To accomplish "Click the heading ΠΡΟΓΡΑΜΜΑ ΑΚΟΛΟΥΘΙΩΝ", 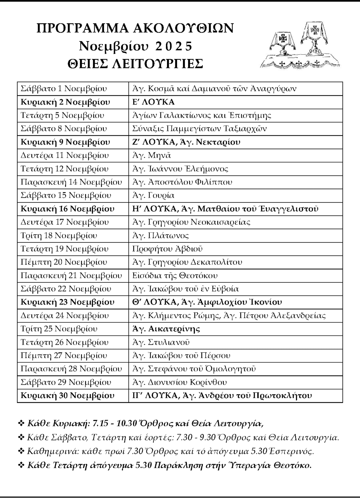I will [135, 29].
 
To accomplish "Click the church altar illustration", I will [300, 46].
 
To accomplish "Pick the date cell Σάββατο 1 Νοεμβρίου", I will [64, 89].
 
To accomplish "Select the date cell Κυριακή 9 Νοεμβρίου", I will [65, 142].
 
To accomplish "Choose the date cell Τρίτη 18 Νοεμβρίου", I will [59, 235].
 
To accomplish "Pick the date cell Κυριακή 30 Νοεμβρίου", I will [67, 396].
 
